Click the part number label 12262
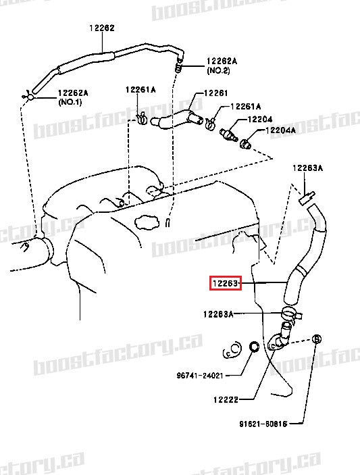[x=101, y=28]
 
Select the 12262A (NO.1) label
[x=74, y=97]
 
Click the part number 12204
[x=259, y=119]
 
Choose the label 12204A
[x=280, y=130]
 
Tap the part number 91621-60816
[x=263, y=424]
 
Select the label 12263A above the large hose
[x=308, y=168]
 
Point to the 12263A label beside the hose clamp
[x=218, y=314]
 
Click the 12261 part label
[x=216, y=93]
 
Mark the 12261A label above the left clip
[x=140, y=89]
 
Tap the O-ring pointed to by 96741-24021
[x=254, y=347]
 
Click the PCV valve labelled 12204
[x=229, y=131]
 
